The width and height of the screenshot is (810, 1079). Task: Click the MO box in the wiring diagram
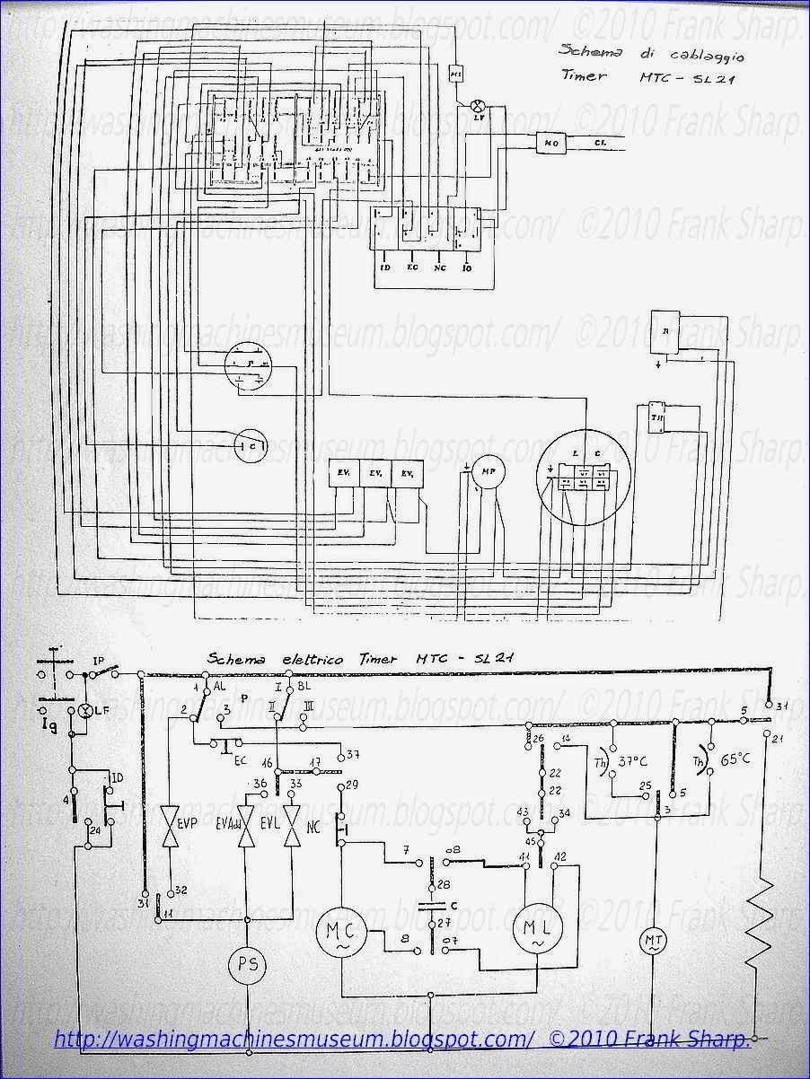tap(547, 143)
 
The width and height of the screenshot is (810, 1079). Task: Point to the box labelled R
tap(665, 329)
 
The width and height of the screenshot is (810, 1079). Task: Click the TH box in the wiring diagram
tap(656, 417)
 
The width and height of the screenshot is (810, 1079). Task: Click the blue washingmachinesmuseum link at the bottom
tap(294, 1040)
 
